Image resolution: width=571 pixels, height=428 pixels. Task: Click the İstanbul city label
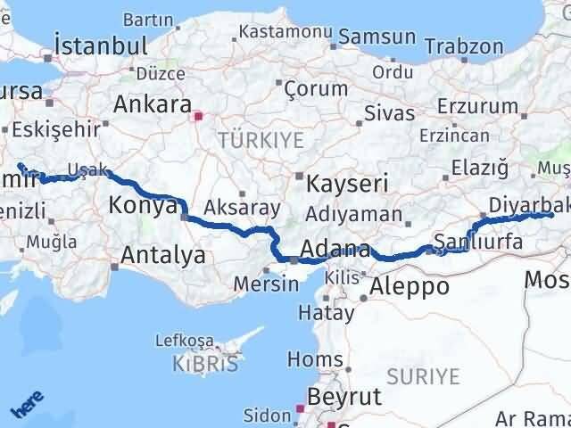coord(100,45)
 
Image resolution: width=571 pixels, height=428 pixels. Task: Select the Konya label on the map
coord(143,206)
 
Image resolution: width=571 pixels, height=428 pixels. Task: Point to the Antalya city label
coord(163,256)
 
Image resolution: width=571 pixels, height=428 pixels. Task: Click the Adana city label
coord(336,249)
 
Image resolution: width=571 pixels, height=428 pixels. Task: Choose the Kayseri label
coord(347,185)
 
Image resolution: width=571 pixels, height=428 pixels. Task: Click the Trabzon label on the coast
coord(464,46)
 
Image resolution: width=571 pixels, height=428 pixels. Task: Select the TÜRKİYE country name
coord(261,140)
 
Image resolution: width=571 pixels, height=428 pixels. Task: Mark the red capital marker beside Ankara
coord(199,114)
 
